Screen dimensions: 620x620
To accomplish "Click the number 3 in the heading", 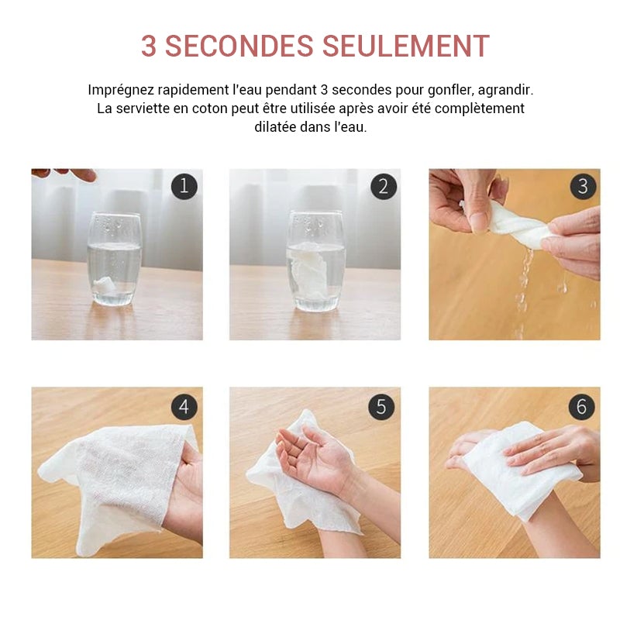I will [149, 46].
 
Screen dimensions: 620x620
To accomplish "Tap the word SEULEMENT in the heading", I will [405, 46].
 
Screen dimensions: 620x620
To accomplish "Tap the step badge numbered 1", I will [184, 186].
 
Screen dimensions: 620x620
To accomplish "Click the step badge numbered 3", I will [583, 186].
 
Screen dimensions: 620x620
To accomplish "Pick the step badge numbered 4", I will [184, 407].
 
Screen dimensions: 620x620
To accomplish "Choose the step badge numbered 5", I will [381, 407].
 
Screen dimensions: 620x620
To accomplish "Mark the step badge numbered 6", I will [581, 407].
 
